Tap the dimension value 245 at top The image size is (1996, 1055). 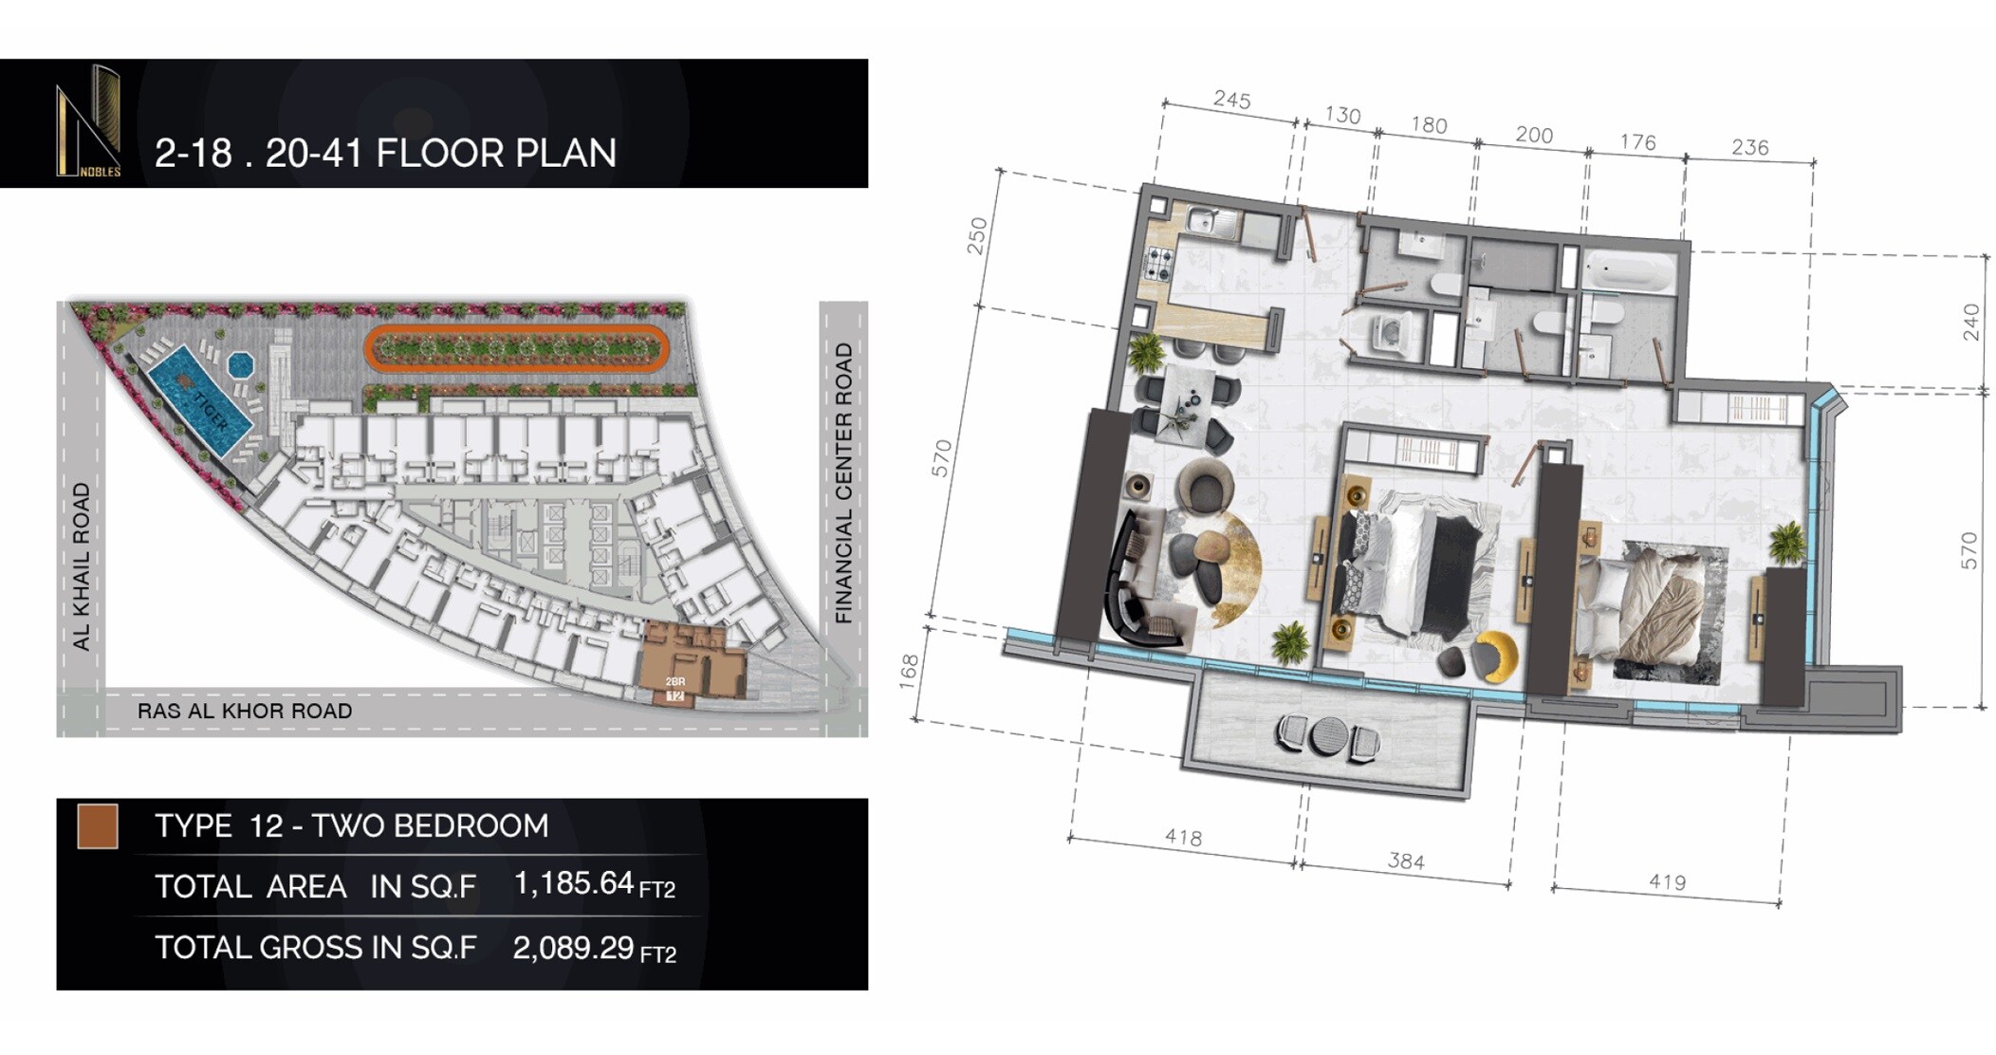1231,100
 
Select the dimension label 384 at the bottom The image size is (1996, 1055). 1405,861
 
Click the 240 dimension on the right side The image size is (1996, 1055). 1971,322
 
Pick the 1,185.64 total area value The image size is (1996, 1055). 573,884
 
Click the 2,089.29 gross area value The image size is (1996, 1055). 573,948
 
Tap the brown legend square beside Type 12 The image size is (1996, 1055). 98,826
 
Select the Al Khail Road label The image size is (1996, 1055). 82,565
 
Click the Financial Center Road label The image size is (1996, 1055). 843,483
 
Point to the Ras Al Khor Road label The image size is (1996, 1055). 245,712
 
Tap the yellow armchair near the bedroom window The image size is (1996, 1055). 1496,656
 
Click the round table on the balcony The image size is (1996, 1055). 1324,736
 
